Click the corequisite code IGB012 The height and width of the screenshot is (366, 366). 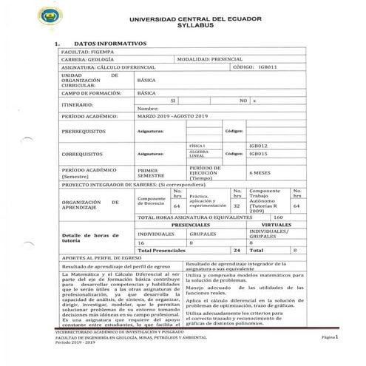(259, 146)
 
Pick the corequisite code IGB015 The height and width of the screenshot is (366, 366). (259, 154)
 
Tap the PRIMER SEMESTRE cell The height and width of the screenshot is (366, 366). (152, 172)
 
